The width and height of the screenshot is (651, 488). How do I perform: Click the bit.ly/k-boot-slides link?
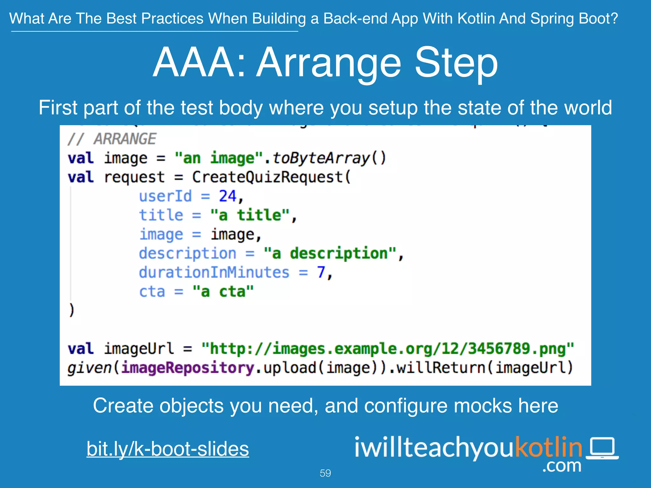coord(168,449)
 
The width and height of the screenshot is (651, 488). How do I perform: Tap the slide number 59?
coord(325,473)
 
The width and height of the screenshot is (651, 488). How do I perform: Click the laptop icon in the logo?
coord(602,448)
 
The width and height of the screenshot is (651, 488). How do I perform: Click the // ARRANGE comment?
coord(112,139)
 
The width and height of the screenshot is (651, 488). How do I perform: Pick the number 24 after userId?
coord(227,196)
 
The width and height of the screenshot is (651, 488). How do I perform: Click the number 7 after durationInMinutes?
coord(321,272)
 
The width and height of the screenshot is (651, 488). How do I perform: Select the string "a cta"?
coord(223,291)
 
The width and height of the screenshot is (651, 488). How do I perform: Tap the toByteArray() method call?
coord(329,158)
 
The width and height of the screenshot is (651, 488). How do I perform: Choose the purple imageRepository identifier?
coord(188,368)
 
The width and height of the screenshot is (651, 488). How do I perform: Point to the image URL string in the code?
coord(388,349)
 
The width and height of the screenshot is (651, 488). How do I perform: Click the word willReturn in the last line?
coord(441,368)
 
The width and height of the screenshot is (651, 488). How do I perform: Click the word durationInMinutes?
coord(214,272)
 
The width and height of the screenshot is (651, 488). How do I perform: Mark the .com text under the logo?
coord(562,466)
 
